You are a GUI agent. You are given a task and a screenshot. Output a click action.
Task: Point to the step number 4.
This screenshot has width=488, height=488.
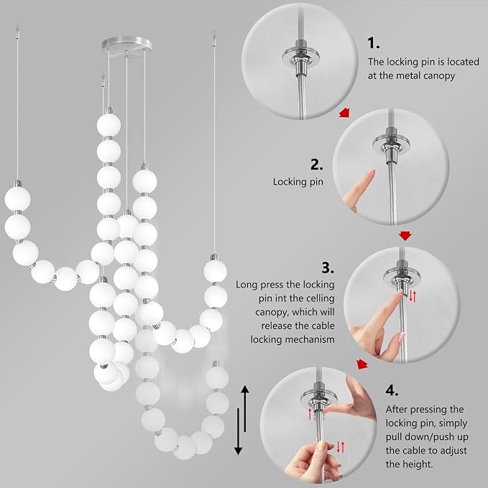[391, 390]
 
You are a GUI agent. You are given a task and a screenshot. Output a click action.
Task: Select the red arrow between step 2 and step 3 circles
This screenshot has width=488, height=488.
[406, 235]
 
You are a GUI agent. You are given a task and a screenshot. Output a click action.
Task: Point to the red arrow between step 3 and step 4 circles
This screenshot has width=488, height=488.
[362, 364]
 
